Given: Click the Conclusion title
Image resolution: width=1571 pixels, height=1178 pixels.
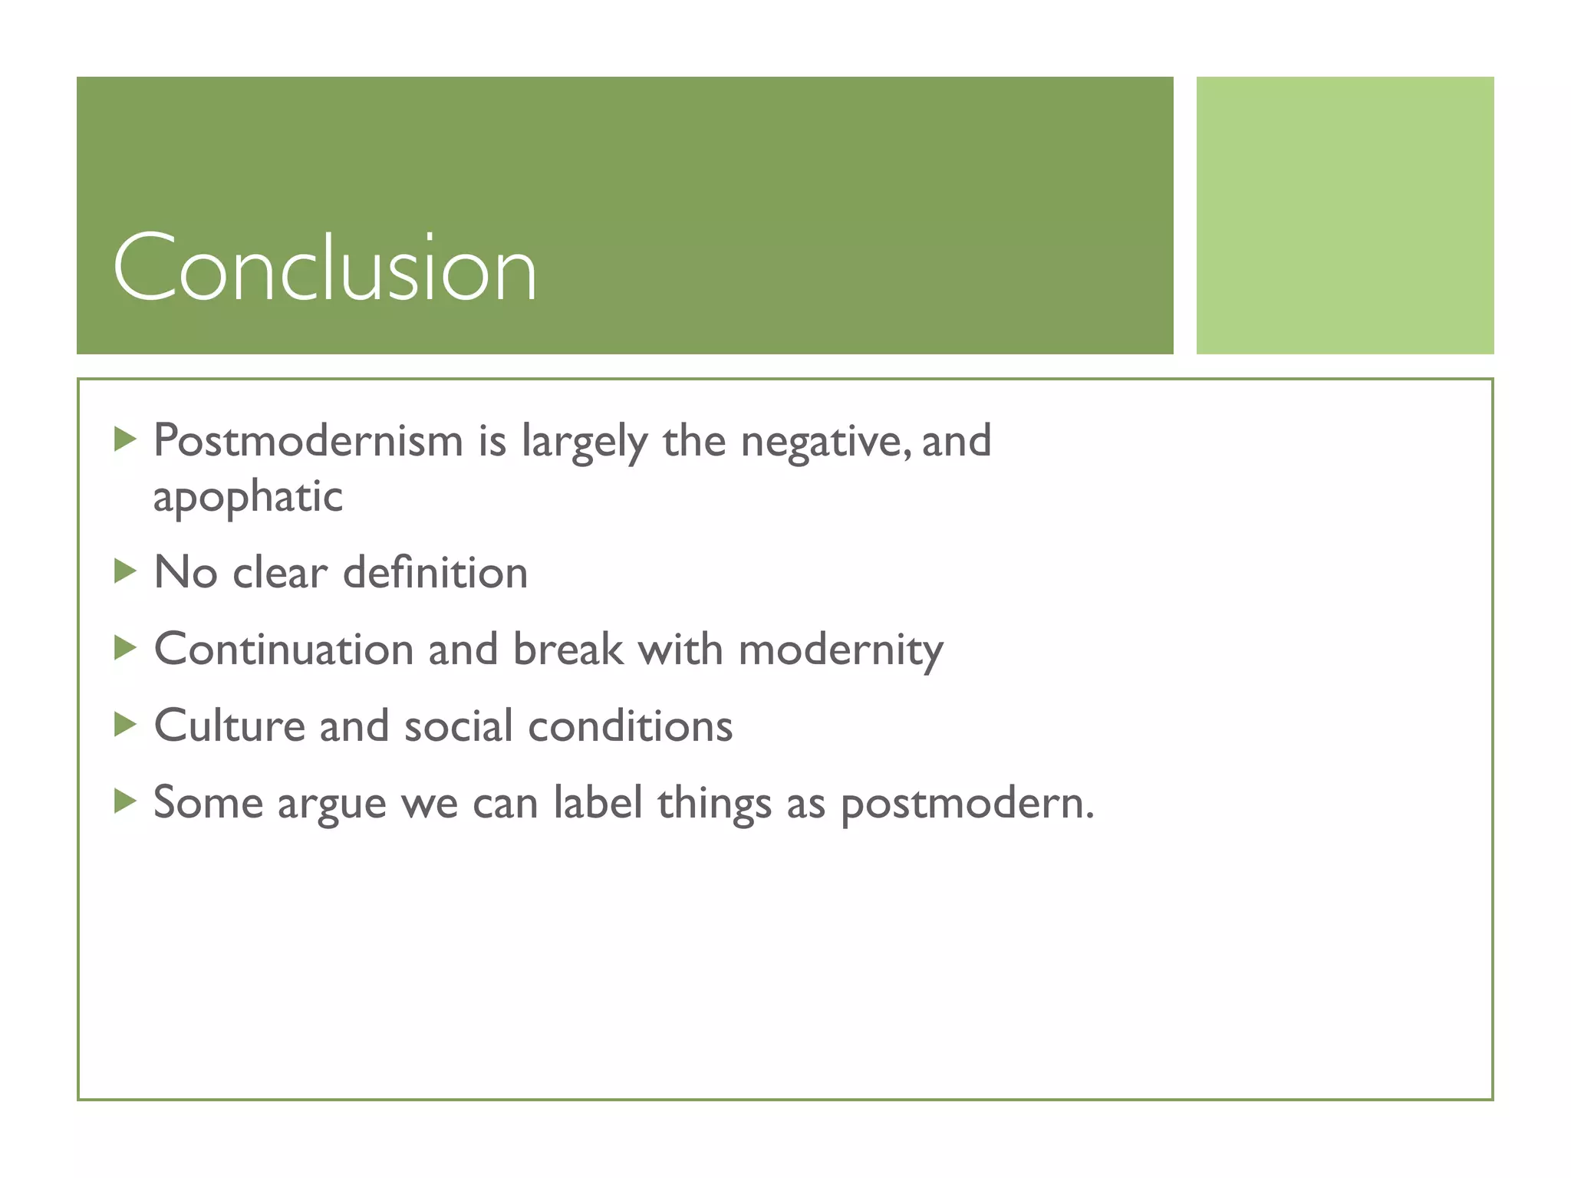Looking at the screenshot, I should [x=324, y=268].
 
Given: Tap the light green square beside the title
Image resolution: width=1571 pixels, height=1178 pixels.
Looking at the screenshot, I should [x=1345, y=215].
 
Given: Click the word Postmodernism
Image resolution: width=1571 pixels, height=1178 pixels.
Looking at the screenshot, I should [x=308, y=441].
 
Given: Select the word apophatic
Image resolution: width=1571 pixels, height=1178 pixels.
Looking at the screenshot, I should [x=247, y=497].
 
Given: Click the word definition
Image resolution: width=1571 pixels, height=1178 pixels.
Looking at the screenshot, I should [x=435, y=573].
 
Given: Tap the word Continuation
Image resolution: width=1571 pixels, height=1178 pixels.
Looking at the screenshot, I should [x=284, y=650].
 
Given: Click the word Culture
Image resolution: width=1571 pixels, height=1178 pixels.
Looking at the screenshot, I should [x=229, y=726].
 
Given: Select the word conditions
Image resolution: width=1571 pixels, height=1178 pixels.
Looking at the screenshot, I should [x=630, y=726].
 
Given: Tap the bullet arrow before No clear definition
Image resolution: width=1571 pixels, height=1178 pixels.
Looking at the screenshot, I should [x=124, y=571].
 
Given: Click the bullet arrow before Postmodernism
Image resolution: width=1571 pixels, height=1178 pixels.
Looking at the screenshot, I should [x=124, y=439].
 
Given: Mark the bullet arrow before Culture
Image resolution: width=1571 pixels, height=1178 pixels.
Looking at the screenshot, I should [x=124, y=724].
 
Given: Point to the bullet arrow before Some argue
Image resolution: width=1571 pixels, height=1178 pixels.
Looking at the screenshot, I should [x=124, y=801].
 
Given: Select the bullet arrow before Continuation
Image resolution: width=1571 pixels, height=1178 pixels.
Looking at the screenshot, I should [x=124, y=648].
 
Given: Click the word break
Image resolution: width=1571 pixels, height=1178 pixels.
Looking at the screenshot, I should [x=568, y=650].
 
